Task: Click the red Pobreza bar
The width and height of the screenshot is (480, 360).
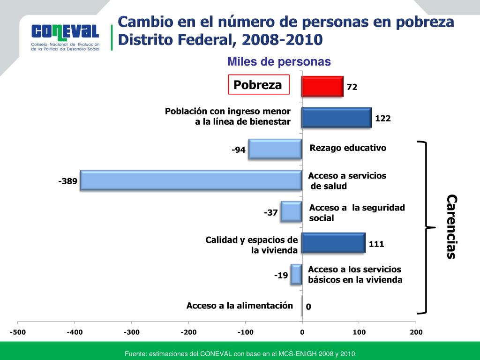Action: (322, 86)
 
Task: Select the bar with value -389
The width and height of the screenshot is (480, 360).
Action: (191, 180)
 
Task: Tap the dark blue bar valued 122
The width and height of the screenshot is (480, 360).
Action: (336, 118)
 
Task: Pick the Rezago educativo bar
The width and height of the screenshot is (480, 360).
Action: (275, 149)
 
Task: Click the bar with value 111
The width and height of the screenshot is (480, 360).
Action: (333, 243)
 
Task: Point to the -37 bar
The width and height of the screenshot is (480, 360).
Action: (291, 211)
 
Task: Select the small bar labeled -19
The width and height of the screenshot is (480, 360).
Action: (296, 274)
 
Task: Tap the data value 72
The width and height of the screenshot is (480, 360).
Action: (352, 87)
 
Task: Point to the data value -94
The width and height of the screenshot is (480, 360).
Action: (239, 150)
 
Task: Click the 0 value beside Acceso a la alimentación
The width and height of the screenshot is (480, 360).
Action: (308, 307)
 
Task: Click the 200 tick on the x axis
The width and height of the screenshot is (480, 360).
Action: (416, 332)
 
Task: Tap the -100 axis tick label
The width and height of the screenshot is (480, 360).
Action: (245, 332)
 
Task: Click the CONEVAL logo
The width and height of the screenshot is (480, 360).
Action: (65, 37)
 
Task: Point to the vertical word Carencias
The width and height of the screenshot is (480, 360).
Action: (451, 226)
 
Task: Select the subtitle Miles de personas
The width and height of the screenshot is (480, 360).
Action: (279, 62)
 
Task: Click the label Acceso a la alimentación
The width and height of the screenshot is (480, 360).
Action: (240, 306)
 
